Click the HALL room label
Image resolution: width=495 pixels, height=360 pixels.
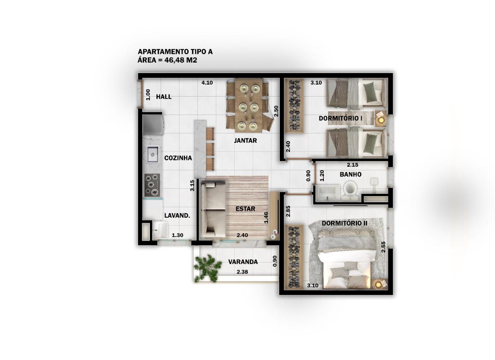(x=164, y=97)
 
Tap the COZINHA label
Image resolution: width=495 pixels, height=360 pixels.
(x=178, y=158)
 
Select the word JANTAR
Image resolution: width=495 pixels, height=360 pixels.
(x=245, y=140)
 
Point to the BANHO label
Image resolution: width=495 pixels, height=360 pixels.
(x=350, y=174)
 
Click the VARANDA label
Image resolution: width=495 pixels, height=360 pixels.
(x=243, y=262)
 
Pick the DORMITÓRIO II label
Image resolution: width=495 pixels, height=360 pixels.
(x=345, y=223)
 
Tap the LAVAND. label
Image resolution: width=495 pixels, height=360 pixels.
(x=177, y=215)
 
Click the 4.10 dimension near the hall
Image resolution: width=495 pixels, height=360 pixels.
(x=207, y=83)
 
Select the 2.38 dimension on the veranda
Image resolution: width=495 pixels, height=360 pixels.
(x=242, y=272)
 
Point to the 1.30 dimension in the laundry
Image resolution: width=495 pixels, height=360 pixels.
(x=178, y=235)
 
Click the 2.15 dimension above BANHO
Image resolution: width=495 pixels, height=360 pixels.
(x=352, y=165)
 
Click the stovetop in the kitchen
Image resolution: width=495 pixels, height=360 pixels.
(x=152, y=185)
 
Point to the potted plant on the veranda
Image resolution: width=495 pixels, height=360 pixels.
(x=207, y=268)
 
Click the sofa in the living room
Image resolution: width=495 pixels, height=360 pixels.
(x=213, y=209)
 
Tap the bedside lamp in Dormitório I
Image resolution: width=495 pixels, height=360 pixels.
(x=381, y=120)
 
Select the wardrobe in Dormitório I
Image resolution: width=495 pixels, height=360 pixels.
(x=294, y=106)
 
